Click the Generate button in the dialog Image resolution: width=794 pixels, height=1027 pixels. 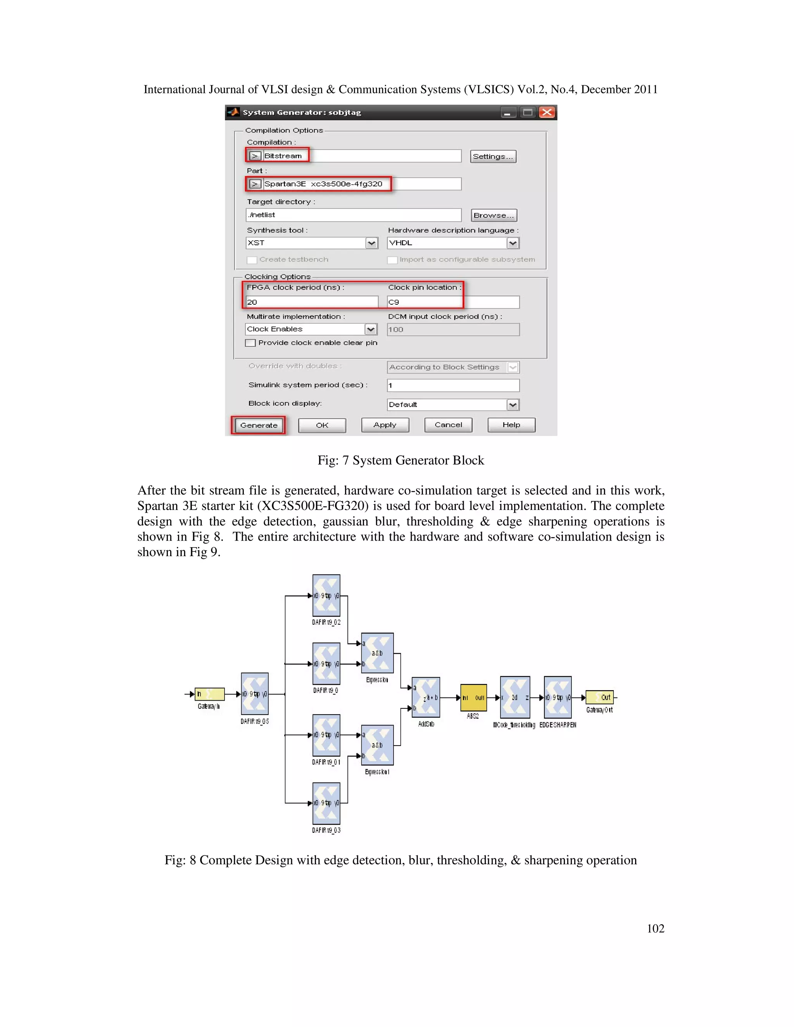258,425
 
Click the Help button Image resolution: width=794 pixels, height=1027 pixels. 511,425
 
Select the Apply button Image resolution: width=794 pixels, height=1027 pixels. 385,425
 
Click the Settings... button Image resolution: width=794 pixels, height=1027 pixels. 493,157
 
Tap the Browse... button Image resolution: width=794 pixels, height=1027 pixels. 494,215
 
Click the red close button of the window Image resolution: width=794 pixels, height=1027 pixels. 547,112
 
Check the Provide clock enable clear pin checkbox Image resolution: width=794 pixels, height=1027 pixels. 251,343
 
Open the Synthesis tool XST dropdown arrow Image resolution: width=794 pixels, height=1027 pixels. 371,243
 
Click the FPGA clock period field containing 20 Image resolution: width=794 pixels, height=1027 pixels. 311,302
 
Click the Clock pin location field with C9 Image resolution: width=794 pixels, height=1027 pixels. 452,302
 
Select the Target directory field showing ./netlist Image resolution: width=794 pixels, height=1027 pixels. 353,215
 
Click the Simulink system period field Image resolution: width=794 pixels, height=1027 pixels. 452,386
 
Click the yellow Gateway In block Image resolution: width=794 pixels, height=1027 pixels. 209,694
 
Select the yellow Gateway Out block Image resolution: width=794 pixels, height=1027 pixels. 600,697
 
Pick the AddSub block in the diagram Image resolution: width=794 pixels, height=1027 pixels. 426,697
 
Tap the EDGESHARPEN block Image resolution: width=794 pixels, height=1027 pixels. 558,697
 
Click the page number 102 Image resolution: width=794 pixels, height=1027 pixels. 655,928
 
